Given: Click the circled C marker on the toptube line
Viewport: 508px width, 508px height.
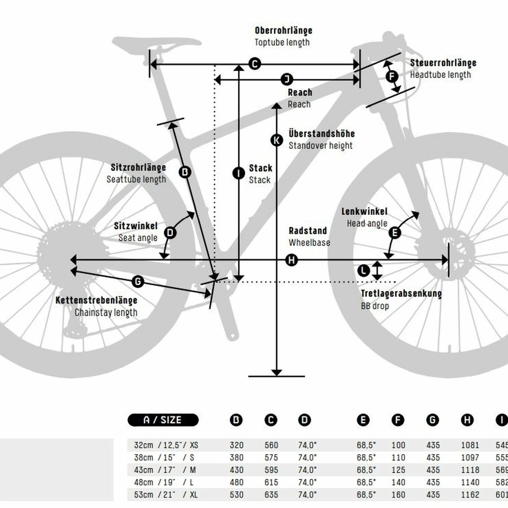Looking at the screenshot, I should pyautogui.click(x=255, y=63).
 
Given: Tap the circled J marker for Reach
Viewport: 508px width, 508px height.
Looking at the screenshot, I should pyautogui.click(x=287, y=79).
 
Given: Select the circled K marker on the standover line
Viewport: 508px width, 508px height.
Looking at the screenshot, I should pyautogui.click(x=277, y=140).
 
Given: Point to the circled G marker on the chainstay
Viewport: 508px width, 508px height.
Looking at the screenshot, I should pyautogui.click(x=138, y=282).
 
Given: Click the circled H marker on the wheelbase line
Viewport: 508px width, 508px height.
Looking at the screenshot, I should pyautogui.click(x=292, y=260).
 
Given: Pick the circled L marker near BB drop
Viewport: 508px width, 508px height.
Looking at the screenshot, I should pyautogui.click(x=364, y=271).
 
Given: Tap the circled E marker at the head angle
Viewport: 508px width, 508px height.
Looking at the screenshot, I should pyautogui.click(x=394, y=233).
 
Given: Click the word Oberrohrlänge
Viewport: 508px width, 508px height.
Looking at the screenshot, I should pyautogui.click(x=283, y=31).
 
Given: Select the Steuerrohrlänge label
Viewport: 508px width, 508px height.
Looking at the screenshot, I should pyautogui.click(x=443, y=63).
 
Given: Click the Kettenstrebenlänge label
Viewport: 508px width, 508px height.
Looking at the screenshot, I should pyautogui.click(x=96, y=300).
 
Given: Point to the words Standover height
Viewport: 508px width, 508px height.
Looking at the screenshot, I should pyautogui.click(x=320, y=146).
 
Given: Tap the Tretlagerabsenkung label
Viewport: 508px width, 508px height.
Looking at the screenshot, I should pyautogui.click(x=401, y=294).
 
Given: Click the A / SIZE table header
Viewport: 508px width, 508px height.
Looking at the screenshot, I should pyautogui.click(x=163, y=420).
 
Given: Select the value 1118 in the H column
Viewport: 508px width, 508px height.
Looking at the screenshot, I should pyautogui.click(x=470, y=470).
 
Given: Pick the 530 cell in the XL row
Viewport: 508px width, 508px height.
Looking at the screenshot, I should pyautogui.click(x=237, y=495).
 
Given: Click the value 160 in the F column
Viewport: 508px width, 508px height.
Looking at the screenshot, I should pyautogui.click(x=398, y=495).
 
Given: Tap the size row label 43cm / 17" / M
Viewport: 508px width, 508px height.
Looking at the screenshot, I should pyautogui.click(x=165, y=470).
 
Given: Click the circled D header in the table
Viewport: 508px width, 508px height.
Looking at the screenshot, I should pyautogui.click(x=304, y=420).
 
